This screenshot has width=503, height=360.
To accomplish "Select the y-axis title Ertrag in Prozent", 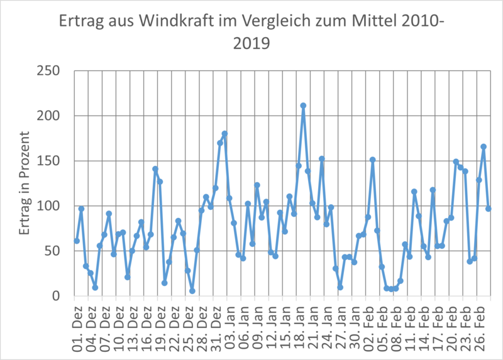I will (26, 183).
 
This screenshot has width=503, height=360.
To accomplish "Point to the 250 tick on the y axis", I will (48, 71).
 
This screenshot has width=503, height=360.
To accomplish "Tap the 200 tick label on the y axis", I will (48, 116).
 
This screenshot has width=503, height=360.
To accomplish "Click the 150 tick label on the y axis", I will (48, 161).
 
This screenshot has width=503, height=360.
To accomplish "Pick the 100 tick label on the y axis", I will (48, 206).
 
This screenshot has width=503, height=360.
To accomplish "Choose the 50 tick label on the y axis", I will (52, 251).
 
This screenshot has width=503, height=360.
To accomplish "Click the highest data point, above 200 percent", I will (303, 106).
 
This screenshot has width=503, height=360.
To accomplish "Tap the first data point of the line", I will (77, 241).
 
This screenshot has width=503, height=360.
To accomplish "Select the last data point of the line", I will (488, 209).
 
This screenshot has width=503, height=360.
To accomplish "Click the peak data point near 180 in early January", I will (224, 134).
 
